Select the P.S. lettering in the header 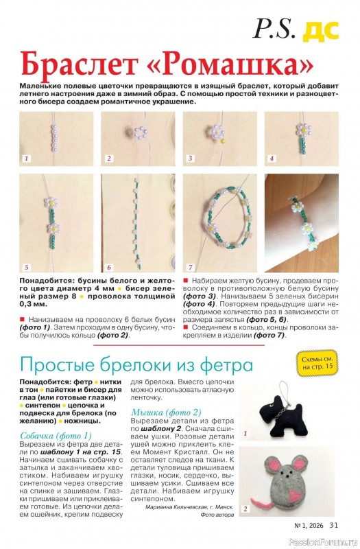275,28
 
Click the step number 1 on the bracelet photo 27,159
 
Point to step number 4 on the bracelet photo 272,159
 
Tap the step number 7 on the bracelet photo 191,266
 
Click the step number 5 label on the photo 27,266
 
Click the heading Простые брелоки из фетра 136,363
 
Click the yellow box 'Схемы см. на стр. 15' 317,363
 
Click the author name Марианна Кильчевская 180,508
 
